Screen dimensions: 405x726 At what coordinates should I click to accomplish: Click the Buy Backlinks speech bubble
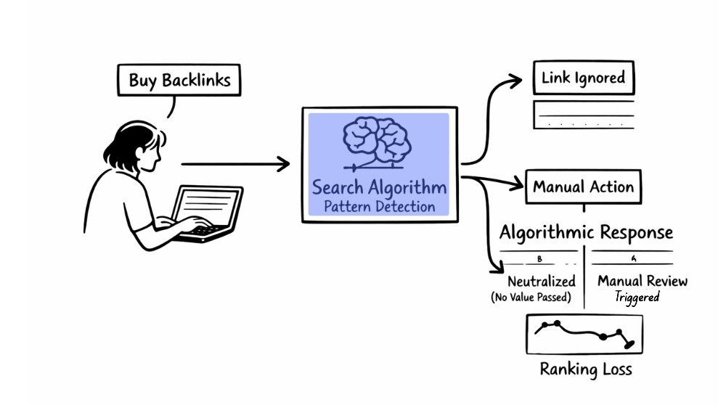(179, 80)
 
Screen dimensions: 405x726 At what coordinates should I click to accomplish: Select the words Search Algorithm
(379, 187)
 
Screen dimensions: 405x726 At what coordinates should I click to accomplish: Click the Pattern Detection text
(379, 207)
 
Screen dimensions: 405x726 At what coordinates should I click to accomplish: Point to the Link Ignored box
(583, 78)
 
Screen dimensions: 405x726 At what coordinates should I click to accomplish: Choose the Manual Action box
(583, 187)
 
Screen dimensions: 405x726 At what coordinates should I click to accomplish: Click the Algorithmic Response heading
(586, 232)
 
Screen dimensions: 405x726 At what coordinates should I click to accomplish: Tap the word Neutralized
(542, 281)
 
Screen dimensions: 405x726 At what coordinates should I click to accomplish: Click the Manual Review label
(642, 281)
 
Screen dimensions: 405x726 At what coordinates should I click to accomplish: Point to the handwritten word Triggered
(637, 297)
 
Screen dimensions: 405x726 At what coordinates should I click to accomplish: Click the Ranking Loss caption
(585, 369)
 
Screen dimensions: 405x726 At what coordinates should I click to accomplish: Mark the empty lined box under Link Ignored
(584, 115)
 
